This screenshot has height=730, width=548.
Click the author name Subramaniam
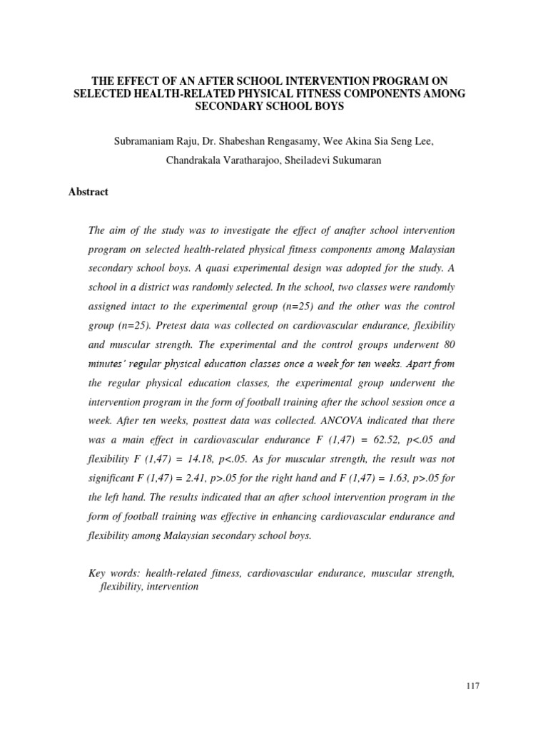coord(146,142)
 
